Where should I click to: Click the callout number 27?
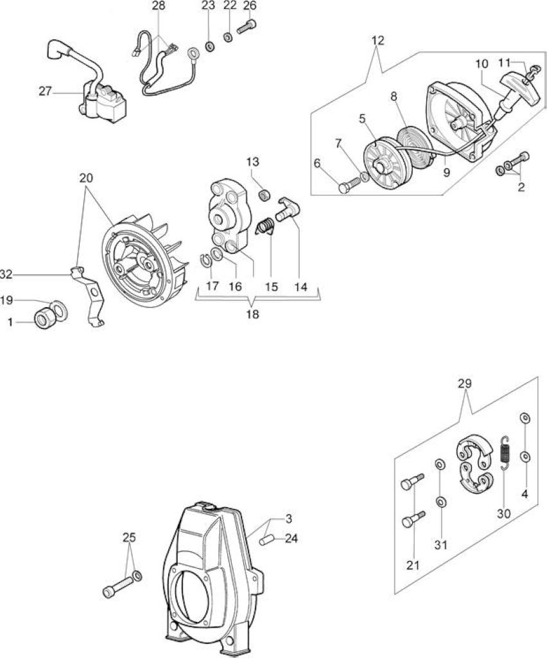[45, 91]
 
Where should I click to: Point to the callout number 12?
[378, 40]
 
